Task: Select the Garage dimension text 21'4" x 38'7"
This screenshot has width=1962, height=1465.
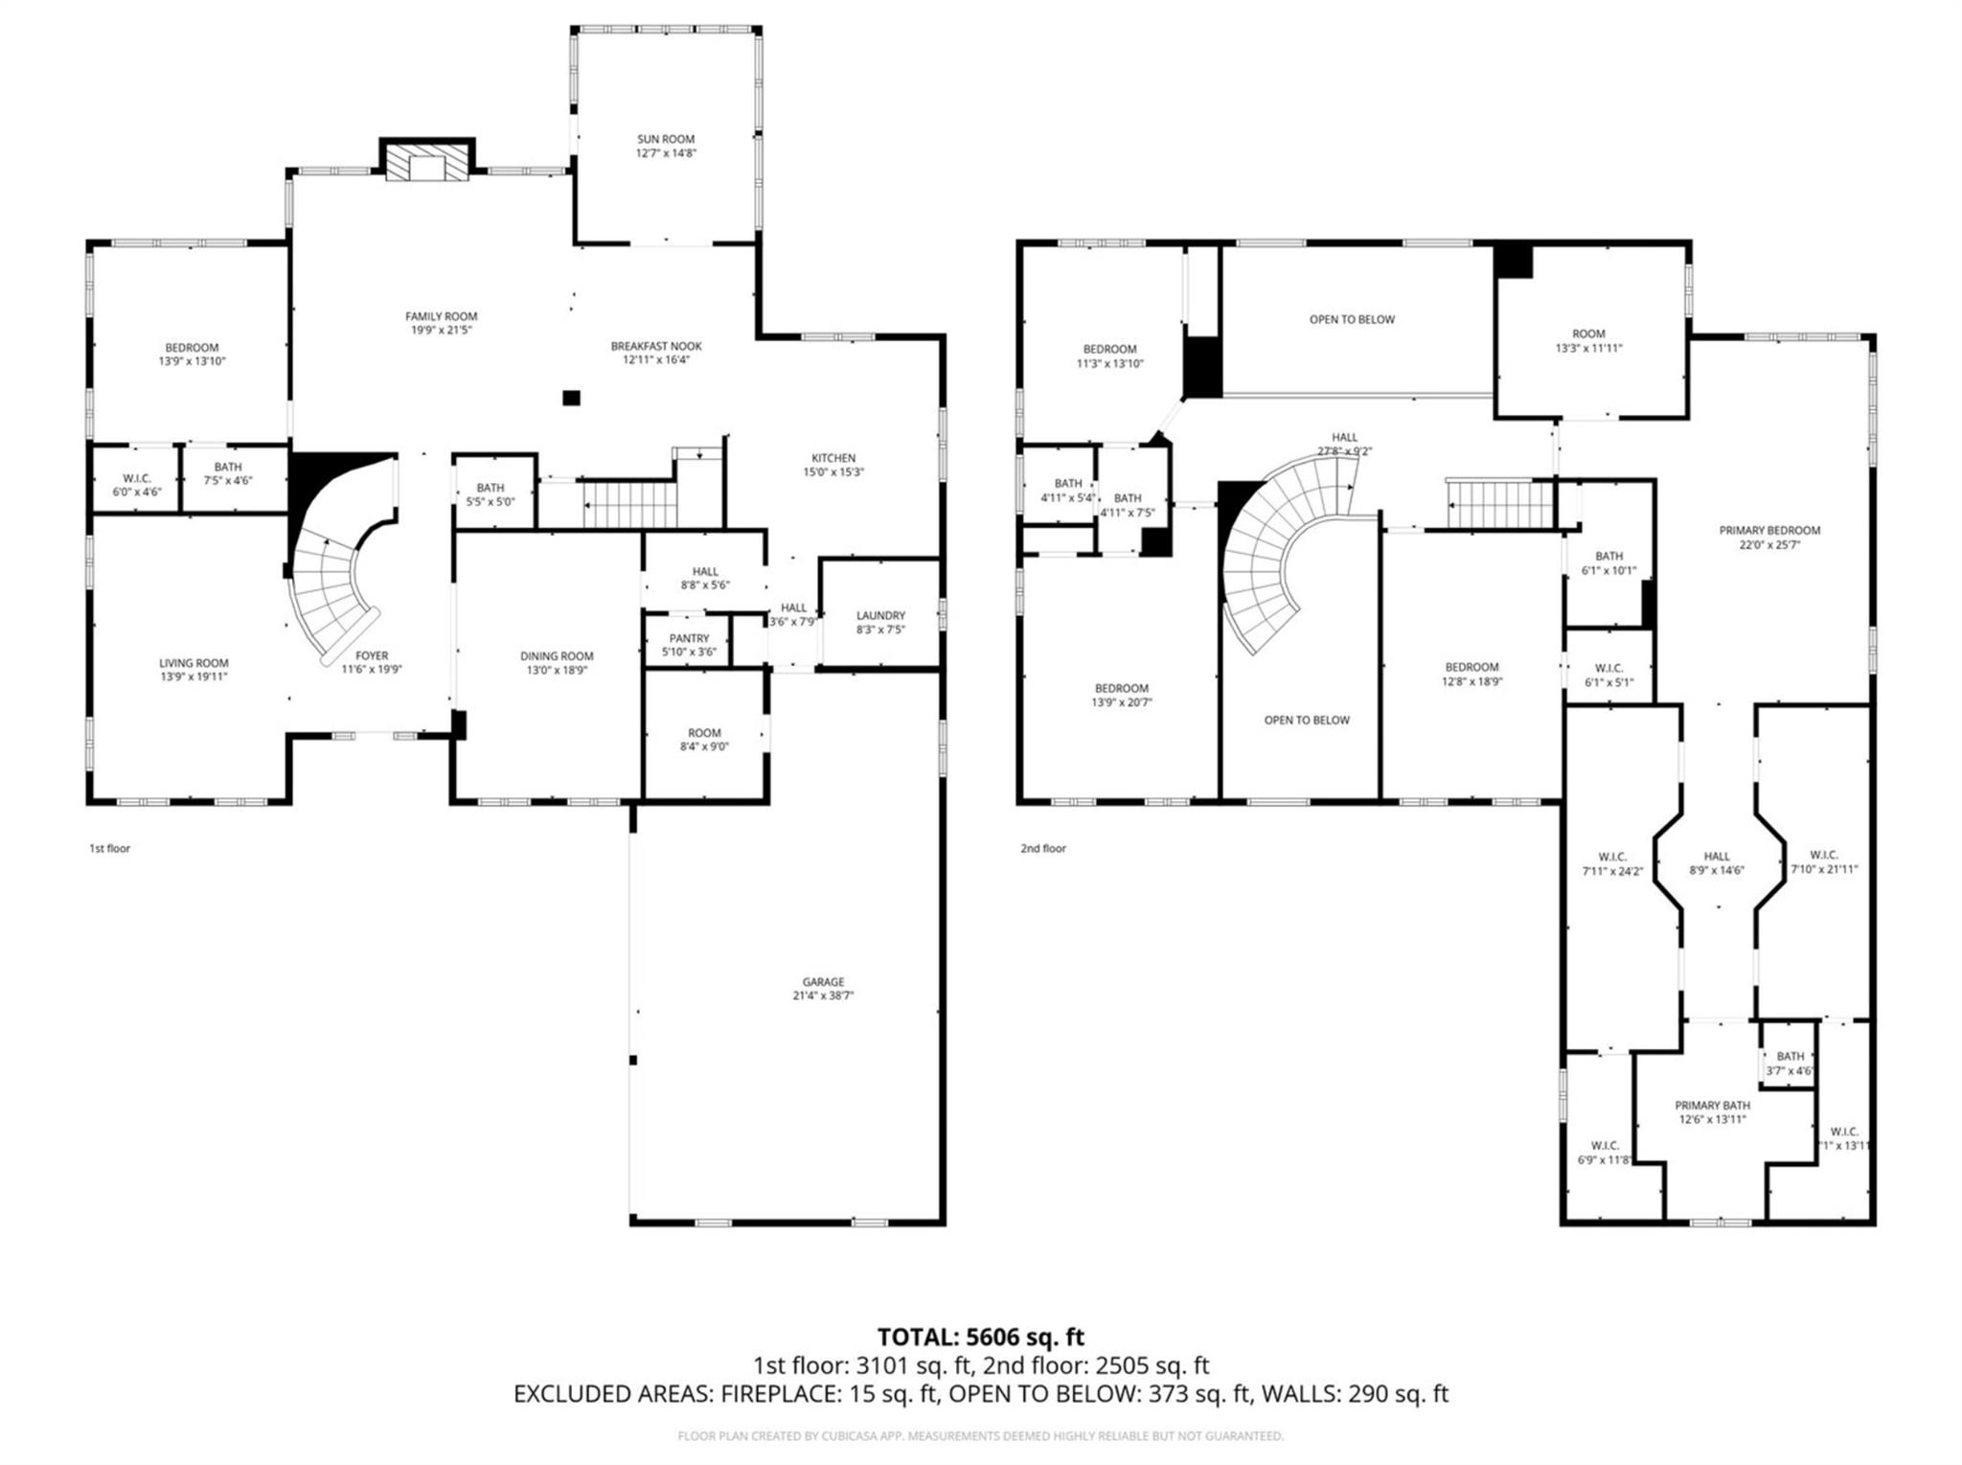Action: (x=823, y=996)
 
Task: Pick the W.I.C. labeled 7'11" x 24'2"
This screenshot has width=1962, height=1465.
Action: (x=1612, y=862)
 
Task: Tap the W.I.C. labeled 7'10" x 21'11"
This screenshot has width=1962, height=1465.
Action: (x=1824, y=861)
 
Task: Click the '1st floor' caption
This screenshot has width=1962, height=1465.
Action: (x=109, y=848)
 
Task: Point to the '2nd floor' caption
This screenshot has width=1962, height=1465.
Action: (x=1042, y=848)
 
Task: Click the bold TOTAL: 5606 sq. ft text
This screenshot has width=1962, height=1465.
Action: (x=980, y=1337)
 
